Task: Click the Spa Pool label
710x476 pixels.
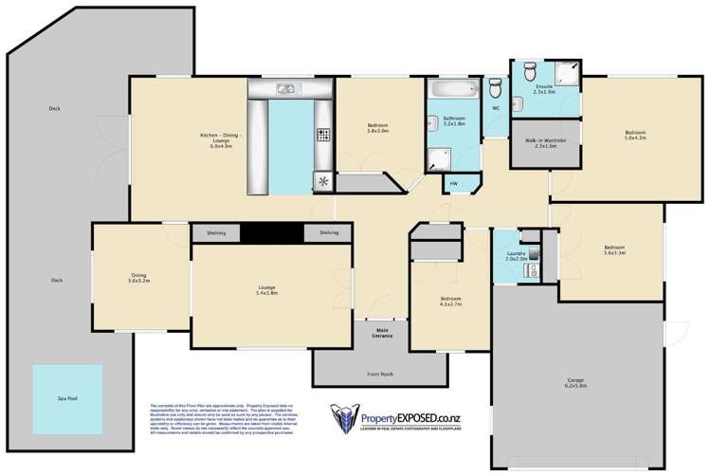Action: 65,398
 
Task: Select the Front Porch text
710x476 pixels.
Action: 380,374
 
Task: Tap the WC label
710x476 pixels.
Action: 495,108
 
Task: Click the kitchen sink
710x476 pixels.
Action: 286,89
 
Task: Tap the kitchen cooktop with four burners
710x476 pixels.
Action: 323,135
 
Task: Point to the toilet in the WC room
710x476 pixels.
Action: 495,87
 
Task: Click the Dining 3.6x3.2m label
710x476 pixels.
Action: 139,279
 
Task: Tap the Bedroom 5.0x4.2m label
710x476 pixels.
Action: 634,135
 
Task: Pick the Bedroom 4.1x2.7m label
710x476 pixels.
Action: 450,302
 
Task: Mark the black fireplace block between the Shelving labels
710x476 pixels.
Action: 271,233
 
